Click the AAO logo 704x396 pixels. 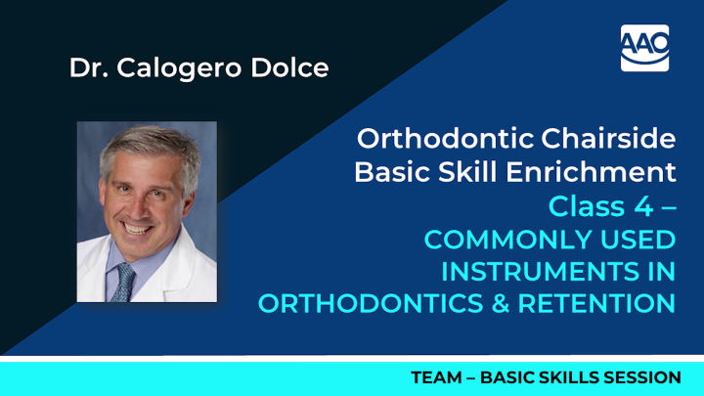644,47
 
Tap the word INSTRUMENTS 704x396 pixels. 545,271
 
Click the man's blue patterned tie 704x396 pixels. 124,282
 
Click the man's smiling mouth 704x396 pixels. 137,228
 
